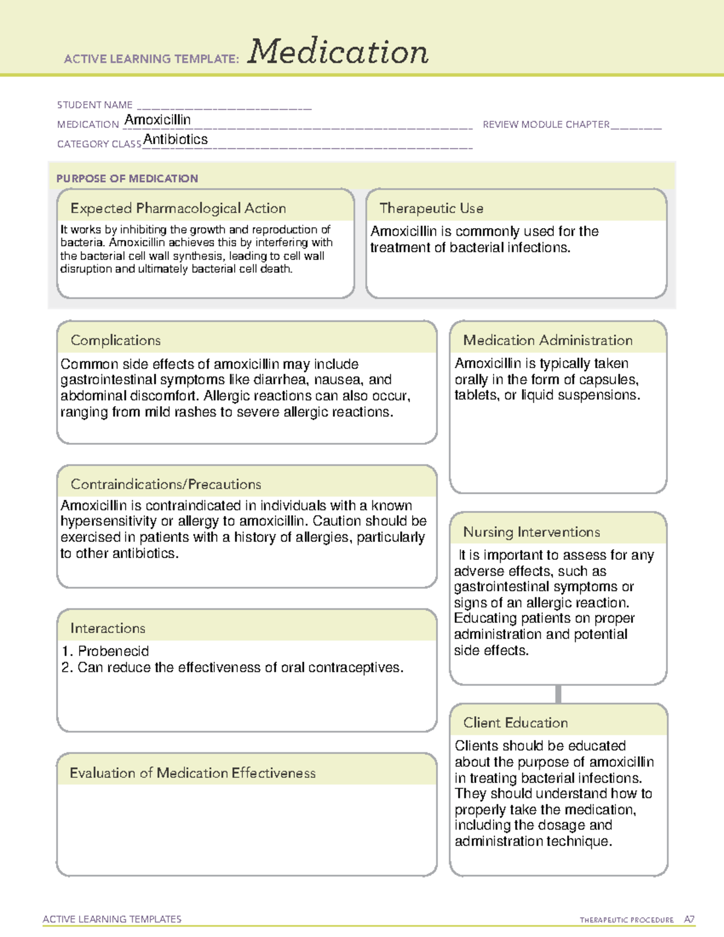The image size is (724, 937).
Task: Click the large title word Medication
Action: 338,52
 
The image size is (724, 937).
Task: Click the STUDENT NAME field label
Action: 95,105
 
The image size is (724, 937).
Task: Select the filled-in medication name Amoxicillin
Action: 157,120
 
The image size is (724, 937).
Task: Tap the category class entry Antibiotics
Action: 176,139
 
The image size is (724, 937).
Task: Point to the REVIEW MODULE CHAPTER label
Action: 546,124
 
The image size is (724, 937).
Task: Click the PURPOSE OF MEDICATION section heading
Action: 127,179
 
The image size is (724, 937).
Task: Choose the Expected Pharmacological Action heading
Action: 178,208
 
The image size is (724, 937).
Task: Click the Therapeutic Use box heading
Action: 431,208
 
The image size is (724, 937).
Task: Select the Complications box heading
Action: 115,340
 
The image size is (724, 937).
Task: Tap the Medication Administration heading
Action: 548,340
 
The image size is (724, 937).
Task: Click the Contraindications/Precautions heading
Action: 166,484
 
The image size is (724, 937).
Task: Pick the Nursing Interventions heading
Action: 532,532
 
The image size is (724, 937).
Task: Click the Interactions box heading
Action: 107,628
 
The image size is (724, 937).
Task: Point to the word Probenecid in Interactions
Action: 113,651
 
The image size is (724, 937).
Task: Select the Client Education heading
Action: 515,723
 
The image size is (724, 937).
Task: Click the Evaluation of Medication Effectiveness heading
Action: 192,773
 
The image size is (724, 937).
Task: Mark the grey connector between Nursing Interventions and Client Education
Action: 558,694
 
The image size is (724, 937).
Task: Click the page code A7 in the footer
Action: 688,920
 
